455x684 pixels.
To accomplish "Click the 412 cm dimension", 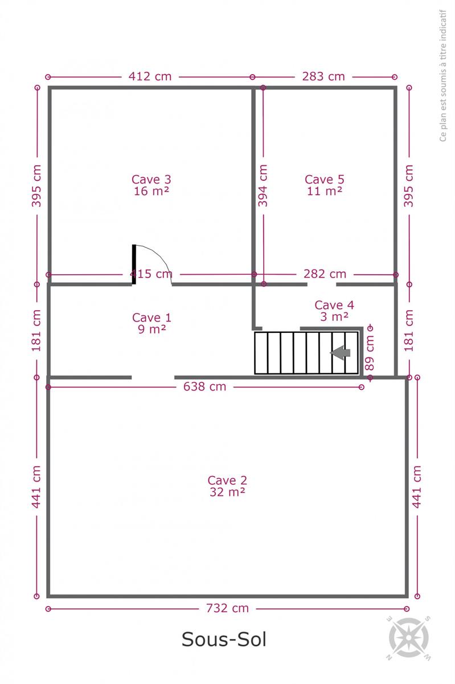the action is click(150, 76).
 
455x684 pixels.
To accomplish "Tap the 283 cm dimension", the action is click(323, 76).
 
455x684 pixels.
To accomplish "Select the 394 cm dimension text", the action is click(263, 186).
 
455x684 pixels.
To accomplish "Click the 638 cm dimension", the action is click(204, 387).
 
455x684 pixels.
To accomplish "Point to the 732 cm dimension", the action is click(227, 608).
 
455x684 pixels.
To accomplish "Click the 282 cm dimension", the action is click(325, 274).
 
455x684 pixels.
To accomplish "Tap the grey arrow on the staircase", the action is click(340, 353).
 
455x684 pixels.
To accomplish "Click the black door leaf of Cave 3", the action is click(134, 264).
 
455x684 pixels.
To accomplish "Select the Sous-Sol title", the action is click(224, 639).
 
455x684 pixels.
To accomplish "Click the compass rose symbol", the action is click(409, 638).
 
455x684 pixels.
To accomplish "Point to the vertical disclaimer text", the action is click(443, 75).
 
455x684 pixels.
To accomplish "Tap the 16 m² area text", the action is click(151, 191).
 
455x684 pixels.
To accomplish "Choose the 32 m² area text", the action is click(227, 492).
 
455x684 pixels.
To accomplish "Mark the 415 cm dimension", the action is click(151, 274).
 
